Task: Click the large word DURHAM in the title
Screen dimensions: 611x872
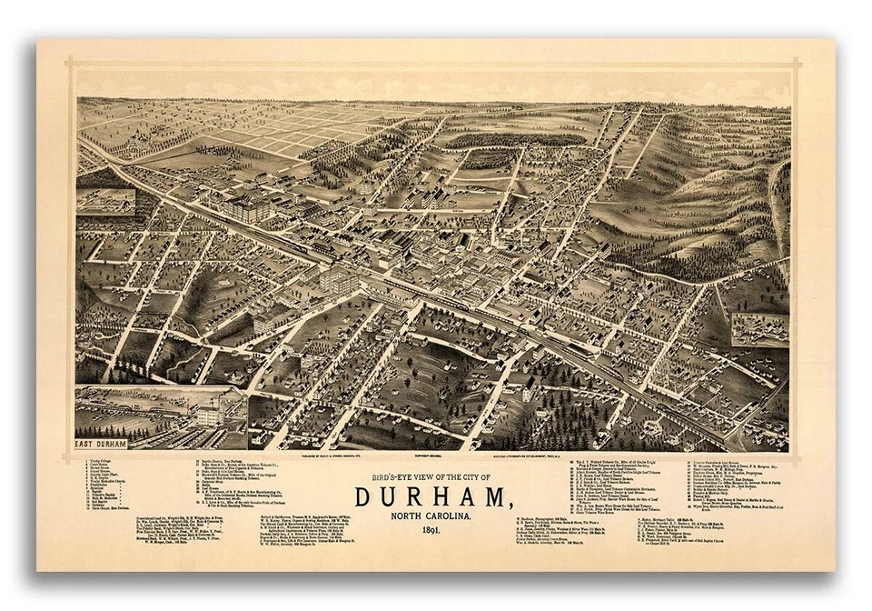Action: [x=431, y=496]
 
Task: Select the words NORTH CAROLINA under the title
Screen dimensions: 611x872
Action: [x=431, y=516]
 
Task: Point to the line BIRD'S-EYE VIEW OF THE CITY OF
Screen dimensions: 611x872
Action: [x=431, y=478]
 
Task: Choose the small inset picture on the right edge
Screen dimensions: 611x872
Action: [x=759, y=330]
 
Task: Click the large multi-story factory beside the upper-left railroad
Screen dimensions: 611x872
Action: [x=247, y=207]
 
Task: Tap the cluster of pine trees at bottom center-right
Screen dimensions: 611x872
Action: [x=563, y=414]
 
